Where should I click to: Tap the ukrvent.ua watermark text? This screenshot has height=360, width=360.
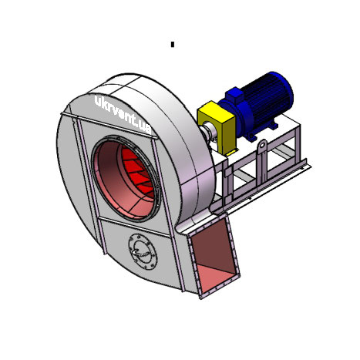pos(123,115)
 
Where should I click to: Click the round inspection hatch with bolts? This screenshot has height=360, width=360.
pos(143,252)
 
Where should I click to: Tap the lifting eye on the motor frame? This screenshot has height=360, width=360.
pos(262,146)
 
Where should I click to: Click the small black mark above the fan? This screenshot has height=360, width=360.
pos(173,45)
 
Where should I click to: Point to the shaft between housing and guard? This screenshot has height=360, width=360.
pos(207,131)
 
